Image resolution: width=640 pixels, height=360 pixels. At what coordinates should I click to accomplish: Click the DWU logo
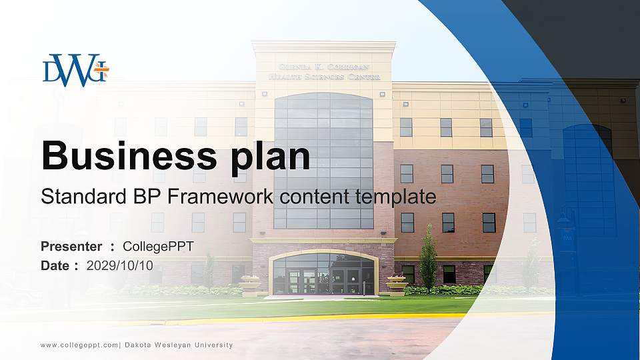75,70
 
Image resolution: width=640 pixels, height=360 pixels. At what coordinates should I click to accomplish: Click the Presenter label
71,247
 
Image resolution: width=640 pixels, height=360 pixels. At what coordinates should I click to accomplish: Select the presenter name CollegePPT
158,247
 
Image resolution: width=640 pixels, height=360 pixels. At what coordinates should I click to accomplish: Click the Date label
55,265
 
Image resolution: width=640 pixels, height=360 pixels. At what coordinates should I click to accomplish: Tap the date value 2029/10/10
120,265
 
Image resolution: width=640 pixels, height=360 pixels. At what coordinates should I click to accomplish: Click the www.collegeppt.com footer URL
79,345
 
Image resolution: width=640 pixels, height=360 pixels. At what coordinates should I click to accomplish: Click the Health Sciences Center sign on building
324,72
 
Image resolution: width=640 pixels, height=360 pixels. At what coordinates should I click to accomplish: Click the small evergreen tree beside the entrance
428,260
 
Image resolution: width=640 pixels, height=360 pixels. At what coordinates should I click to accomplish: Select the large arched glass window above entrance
323,160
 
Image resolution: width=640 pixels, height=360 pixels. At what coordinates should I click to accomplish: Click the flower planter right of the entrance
397,283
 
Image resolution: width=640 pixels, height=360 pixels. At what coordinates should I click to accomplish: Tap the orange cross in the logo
101,68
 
